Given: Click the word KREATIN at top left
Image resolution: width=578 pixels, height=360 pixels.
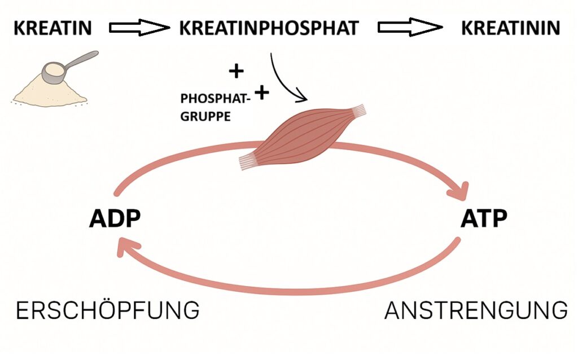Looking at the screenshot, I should [x=52, y=28].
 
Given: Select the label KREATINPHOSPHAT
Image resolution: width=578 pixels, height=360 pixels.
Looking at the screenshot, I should [x=269, y=28].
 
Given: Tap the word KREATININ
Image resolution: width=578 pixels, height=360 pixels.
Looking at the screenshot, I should [x=511, y=28].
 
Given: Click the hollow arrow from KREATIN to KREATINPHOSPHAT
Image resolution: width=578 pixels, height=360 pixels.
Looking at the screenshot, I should [x=139, y=28].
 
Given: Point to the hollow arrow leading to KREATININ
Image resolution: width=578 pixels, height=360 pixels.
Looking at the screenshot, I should [x=409, y=28].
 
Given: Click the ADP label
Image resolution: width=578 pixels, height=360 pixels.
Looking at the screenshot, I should [x=114, y=218].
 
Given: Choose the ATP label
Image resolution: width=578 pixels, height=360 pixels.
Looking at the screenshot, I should [x=484, y=218].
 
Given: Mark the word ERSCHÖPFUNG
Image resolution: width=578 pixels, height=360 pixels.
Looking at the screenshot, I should [x=107, y=310].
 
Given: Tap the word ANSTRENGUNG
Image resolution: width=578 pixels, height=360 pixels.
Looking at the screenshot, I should [x=476, y=310].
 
